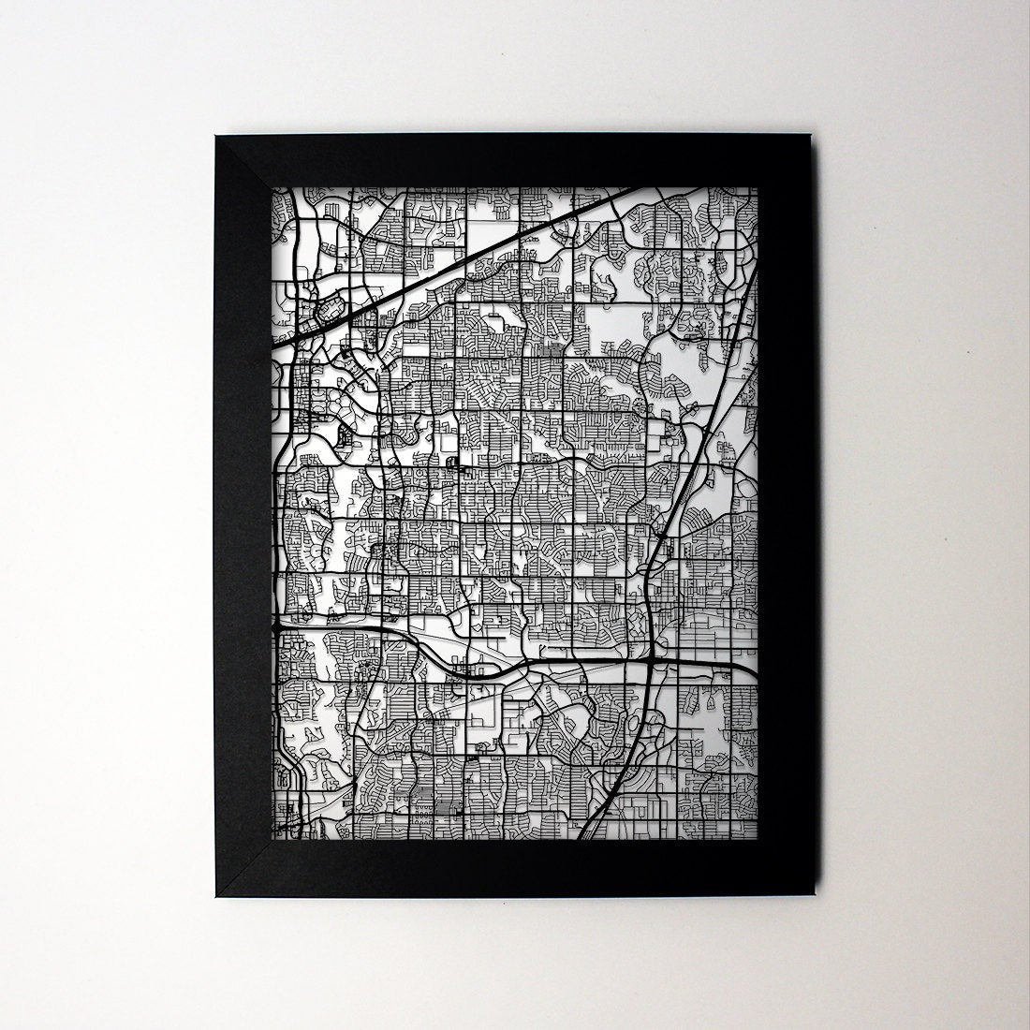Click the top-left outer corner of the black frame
pyautogui.click(x=215, y=137)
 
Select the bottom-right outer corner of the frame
pyautogui.click(x=816, y=900)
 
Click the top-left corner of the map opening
pyautogui.click(x=272, y=186)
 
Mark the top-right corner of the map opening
pyautogui.click(x=758, y=186)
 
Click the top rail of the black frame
pyautogui.click(x=515, y=161)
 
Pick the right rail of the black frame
pyautogui.click(x=786, y=515)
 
